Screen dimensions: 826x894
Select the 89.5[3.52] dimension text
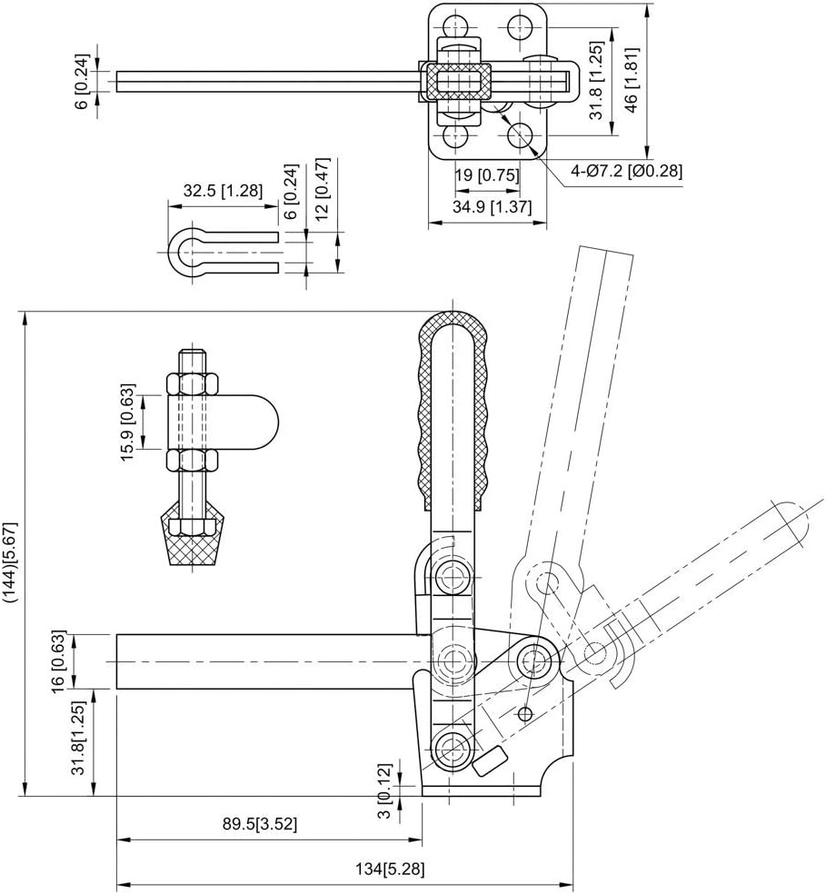(x=260, y=824)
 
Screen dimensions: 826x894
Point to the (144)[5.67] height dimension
(x=12, y=561)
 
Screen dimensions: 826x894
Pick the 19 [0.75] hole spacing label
(x=488, y=174)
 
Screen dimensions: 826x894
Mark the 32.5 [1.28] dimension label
(x=223, y=190)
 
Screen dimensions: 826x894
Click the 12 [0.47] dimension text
(x=323, y=189)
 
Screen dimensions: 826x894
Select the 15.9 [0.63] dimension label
(x=128, y=422)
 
